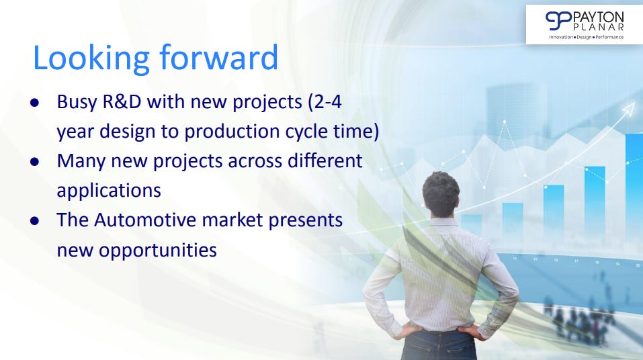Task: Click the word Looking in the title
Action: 91,58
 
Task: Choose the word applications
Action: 109,191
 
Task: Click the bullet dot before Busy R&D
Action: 34,103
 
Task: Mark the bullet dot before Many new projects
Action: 34,162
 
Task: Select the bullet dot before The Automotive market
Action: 34,221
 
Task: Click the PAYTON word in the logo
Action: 598,17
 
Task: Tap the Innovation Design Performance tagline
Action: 587,37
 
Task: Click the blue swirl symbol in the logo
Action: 558,21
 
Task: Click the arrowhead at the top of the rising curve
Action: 629,109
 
